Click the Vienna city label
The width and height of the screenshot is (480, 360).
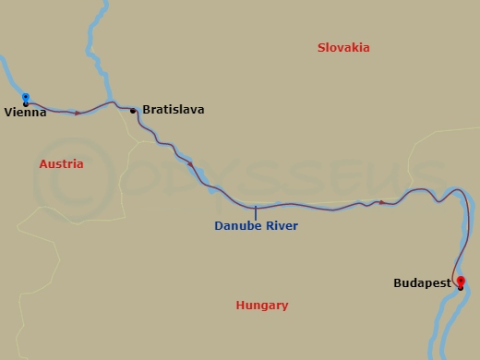tap(25, 113)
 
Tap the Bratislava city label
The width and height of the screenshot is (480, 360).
tap(174, 110)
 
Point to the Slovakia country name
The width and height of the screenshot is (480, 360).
tap(342, 48)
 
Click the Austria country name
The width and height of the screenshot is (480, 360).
tap(62, 164)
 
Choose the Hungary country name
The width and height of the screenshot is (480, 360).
tap(262, 306)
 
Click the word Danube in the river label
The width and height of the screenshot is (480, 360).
tap(235, 225)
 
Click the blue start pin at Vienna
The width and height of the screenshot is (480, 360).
tap(26, 98)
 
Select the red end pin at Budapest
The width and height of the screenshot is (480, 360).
tap(462, 282)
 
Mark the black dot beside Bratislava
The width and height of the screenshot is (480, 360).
tap(133, 111)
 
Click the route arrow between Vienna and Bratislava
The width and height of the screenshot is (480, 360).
tap(78, 113)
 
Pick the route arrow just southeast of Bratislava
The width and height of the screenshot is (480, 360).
tap(190, 164)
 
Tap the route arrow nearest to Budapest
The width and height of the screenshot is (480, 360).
tap(382, 201)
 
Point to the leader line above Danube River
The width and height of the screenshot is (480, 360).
tap(256, 212)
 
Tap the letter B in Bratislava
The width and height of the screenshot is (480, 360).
tap(147, 110)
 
